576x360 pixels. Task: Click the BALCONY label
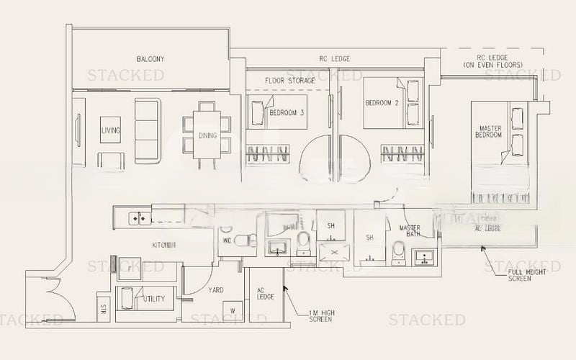[x=151, y=59]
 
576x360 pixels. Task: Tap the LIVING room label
[x=111, y=130]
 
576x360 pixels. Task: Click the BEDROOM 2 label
[x=382, y=103]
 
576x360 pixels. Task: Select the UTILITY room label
[x=153, y=298]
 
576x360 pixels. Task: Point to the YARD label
[x=215, y=291]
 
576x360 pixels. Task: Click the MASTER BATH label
[x=410, y=231]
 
